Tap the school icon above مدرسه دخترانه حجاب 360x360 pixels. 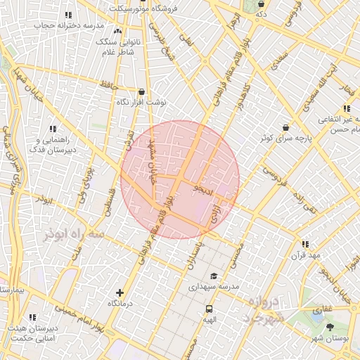pyautogui.click(x=68, y=15)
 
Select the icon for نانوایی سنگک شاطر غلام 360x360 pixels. pyautogui.click(x=117, y=32)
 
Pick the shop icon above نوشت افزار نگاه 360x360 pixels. pyautogui.click(x=143, y=91)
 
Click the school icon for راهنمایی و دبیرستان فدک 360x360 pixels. pyautogui.click(x=52, y=129)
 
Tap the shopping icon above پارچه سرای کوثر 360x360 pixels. pyautogui.click(x=285, y=128)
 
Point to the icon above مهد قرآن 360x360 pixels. pyautogui.click(x=304, y=244)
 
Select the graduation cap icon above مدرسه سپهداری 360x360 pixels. pyautogui.click(x=214, y=276)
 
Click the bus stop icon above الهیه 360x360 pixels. pyautogui.click(x=209, y=309)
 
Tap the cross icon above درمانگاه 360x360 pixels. pyautogui.click(x=120, y=292)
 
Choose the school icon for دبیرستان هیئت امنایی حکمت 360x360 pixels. pyautogui.click(x=32, y=318)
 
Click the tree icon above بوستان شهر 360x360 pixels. pyautogui.click(x=330, y=328)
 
